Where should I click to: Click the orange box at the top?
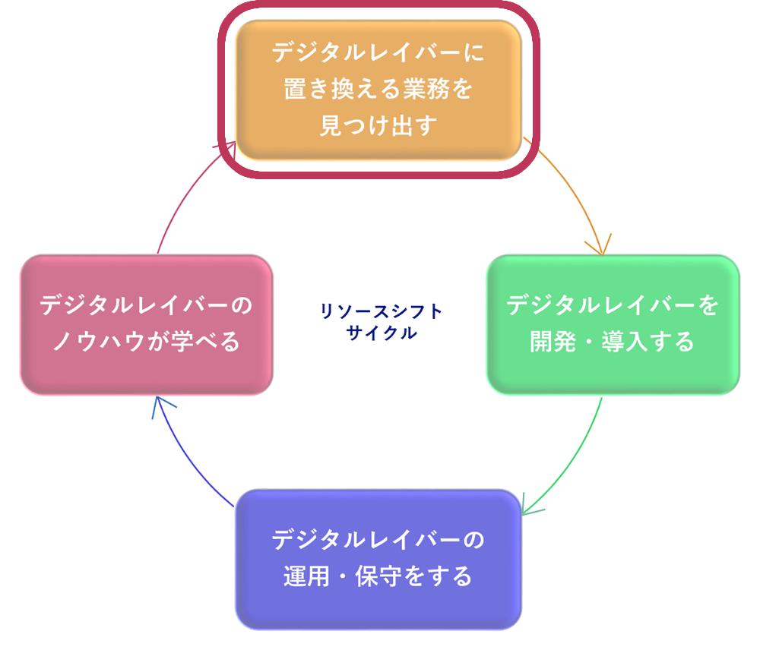[378, 90]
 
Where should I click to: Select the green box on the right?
[613, 324]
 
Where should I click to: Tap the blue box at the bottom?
[378, 558]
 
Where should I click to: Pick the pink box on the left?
[147, 324]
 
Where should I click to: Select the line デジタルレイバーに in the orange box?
[378, 55]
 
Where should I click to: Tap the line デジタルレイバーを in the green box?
[613, 306]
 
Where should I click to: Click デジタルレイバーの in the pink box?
[147, 306]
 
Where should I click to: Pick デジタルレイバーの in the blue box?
[378, 540]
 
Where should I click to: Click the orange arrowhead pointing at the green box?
[598, 244]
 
